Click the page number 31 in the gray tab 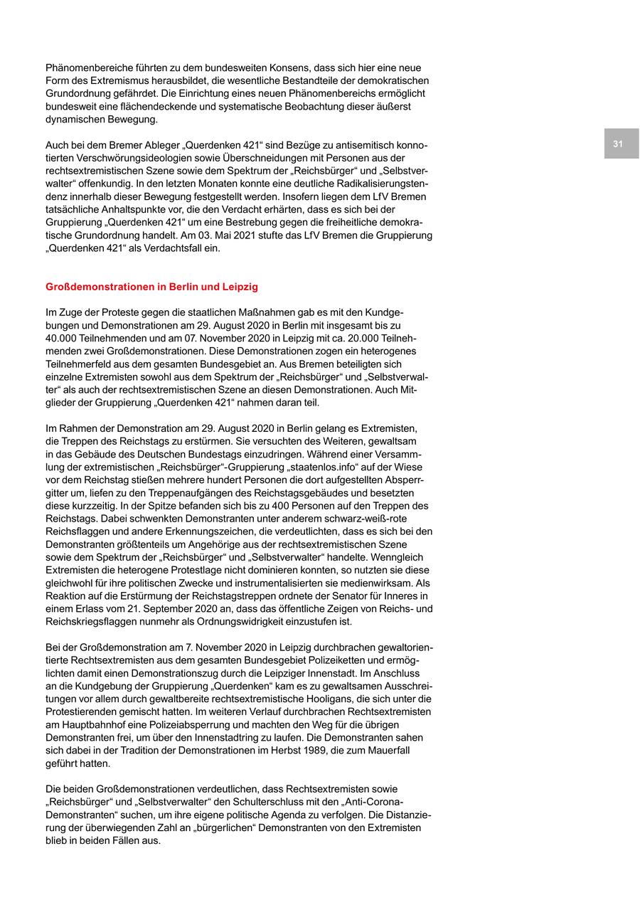(x=618, y=144)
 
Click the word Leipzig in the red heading (x=238, y=287)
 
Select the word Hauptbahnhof (x=90, y=724)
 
